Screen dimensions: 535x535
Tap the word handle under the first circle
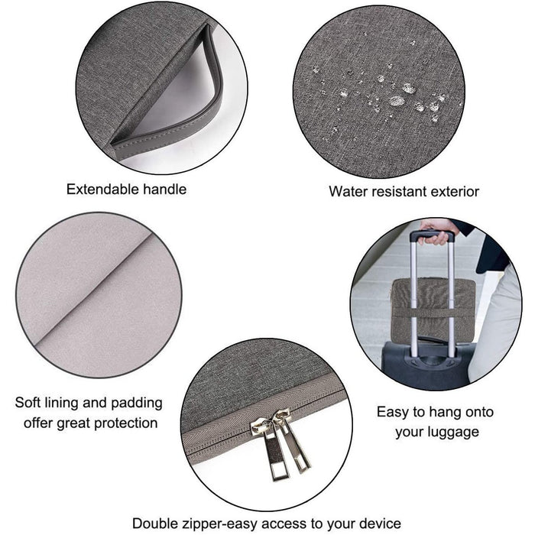tap(165, 190)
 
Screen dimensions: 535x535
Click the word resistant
tap(399, 191)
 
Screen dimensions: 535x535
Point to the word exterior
tap(456, 191)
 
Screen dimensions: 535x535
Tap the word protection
tap(126, 423)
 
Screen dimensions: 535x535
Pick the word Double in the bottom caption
tap(155, 523)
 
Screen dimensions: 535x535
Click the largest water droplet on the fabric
tap(397, 101)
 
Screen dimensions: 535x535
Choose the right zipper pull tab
tap(297, 446)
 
